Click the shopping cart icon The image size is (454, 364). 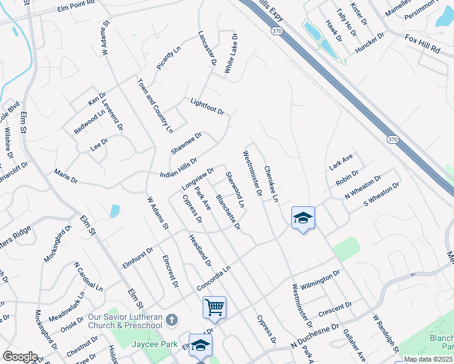(214, 307)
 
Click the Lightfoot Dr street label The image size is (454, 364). (207, 107)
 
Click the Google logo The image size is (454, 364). (19, 357)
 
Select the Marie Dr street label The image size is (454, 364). (66, 177)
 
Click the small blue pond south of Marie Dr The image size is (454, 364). (115, 211)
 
